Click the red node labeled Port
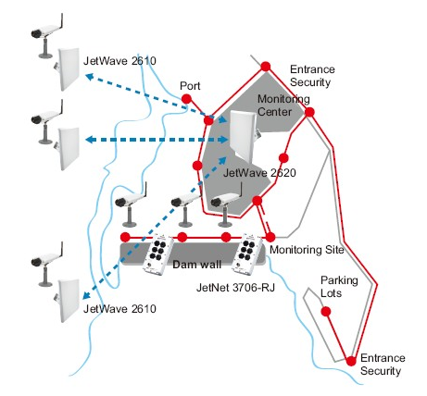coord(186,99)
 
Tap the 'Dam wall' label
coord(196,265)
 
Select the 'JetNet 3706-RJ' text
coord(235,288)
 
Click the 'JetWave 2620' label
coord(259,173)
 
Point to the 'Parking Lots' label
coord(339,287)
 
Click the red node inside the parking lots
coord(326,312)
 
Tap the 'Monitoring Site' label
coord(307,250)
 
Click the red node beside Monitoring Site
coord(270,237)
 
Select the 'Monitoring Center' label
coord(283,105)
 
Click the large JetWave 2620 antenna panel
coord(244,136)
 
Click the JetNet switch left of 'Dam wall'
coord(158,254)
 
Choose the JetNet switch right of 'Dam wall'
coord(248,254)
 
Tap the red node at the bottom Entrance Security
coord(351,361)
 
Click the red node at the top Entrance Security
coord(266,67)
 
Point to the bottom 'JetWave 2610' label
coord(119,309)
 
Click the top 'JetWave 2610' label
coord(119,61)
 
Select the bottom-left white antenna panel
coord(67,301)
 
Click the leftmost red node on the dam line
coord(125,237)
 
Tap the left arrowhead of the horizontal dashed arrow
coord(90,140)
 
